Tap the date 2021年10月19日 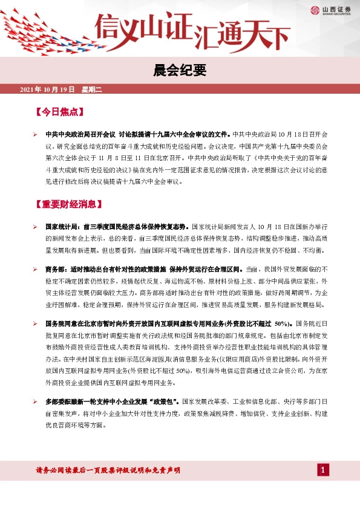pos(47,89)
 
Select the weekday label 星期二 pos(93,89)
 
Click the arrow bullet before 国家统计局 pos(35,226)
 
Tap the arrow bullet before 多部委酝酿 pos(35,401)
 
